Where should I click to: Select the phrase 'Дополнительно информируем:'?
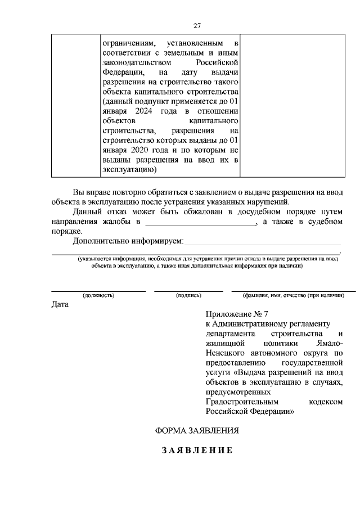[128, 241]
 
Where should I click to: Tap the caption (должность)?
[98, 295]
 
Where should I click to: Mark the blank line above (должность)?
[98, 290]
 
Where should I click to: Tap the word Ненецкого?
[226, 354]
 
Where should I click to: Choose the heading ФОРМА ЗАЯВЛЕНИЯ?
[197, 431]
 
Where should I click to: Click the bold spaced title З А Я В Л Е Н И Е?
[197, 451]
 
